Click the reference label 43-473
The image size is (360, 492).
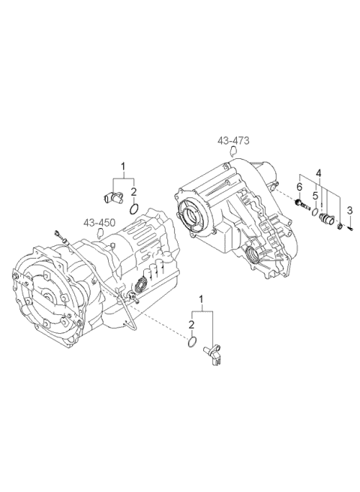point(233,140)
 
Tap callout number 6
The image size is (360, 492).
point(298,187)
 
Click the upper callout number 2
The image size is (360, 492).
point(133,192)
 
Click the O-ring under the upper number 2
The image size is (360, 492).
point(133,208)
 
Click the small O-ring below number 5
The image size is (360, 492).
point(315,212)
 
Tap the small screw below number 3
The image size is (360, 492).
point(349,229)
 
